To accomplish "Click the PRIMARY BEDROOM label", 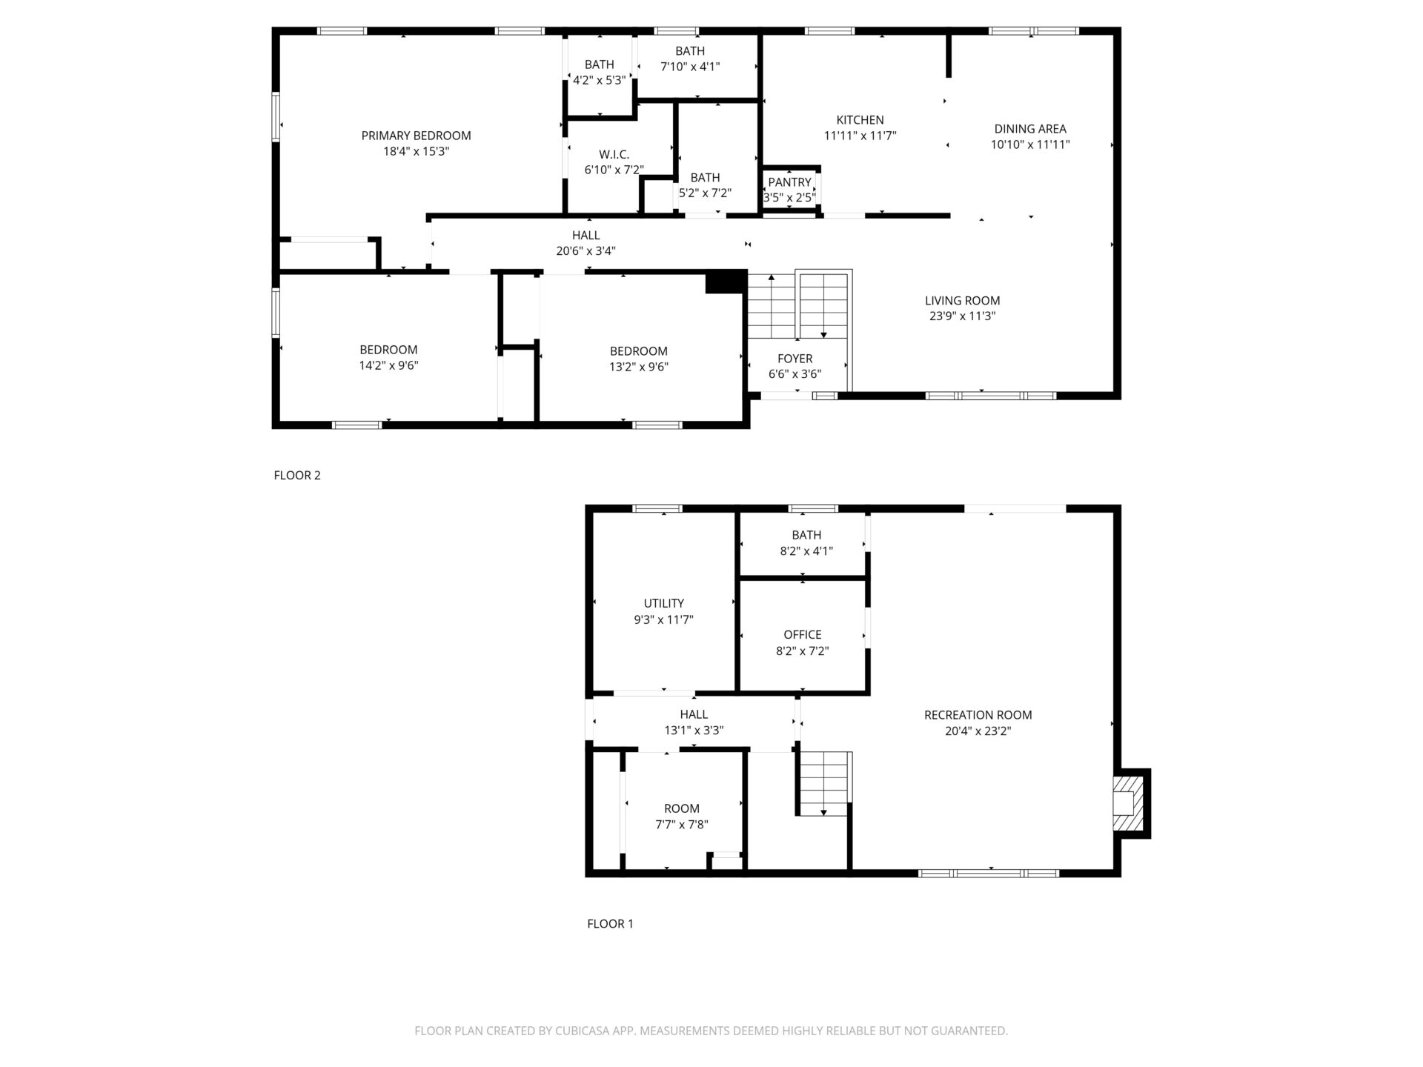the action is (416, 136).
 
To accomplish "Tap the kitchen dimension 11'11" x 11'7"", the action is (860, 136).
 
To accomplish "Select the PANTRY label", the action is (789, 182).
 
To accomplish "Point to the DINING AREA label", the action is (1030, 129).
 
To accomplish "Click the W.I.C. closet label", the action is (614, 154).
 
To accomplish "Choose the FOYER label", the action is (795, 359).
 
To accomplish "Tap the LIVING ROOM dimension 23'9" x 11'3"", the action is (962, 316).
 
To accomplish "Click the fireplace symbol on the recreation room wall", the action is (1130, 804).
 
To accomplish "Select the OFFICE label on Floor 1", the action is (803, 635).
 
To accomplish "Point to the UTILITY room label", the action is (663, 604).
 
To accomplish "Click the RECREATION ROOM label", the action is (978, 715).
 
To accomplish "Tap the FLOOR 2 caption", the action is (297, 476).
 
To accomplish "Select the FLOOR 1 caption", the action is (610, 924).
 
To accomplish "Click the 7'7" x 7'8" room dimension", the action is (682, 825).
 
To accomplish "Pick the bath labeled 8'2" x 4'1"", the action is (806, 535).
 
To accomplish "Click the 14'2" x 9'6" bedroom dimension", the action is (389, 365).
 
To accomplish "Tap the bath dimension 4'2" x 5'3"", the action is (599, 80).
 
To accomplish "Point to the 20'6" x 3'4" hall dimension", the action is (586, 251).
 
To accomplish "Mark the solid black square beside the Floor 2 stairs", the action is (726, 282).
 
